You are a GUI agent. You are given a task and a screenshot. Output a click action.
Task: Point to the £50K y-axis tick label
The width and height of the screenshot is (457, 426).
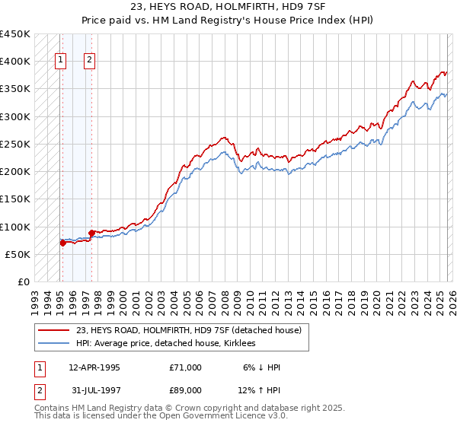click(18, 254)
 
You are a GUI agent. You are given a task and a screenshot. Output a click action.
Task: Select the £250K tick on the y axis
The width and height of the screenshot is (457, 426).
click(14, 144)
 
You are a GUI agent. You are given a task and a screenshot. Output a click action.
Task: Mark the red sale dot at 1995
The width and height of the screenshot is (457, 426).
click(62, 243)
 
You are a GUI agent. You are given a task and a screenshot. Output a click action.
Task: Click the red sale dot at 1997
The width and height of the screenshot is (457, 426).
click(91, 233)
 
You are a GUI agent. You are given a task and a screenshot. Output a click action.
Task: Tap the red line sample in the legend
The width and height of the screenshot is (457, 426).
click(55, 330)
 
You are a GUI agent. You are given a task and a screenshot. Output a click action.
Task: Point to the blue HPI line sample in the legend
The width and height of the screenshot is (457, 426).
click(55, 343)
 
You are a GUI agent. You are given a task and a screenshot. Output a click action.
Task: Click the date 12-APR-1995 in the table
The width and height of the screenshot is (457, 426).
click(94, 367)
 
